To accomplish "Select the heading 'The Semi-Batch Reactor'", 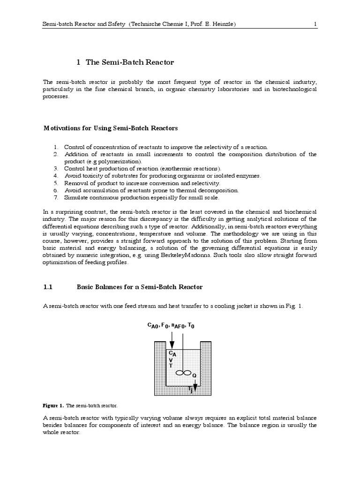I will (130, 62).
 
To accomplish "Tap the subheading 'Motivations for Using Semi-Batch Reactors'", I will (111, 128).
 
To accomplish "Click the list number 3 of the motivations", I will (55, 168).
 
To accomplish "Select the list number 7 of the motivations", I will (55, 197).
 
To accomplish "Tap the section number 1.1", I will (49, 286).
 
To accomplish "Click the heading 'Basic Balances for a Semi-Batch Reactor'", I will (139, 286).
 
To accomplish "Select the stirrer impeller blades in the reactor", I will (183, 373).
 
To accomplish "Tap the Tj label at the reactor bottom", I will (190, 390).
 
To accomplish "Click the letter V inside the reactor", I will (171, 360).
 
